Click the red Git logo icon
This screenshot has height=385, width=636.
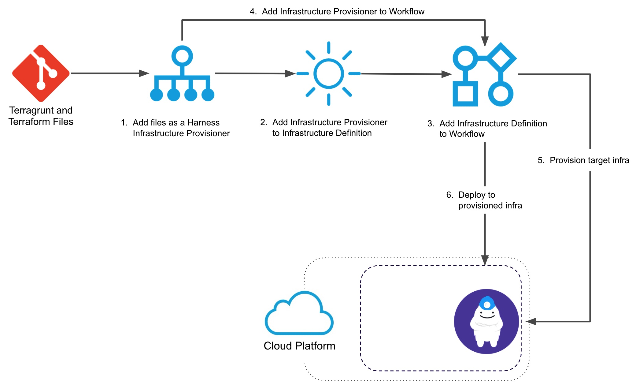pos(41,73)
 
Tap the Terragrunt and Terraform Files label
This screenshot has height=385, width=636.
pos(41,116)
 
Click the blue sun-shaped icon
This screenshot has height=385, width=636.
pos(329,73)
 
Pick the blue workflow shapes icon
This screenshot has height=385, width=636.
pos(485,74)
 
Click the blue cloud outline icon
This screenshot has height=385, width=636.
pos(299,313)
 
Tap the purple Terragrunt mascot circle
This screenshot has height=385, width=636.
pos(486,321)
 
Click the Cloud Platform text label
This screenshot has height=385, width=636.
pos(299,346)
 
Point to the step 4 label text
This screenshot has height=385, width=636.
pos(337,12)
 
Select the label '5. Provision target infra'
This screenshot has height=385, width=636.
pos(583,160)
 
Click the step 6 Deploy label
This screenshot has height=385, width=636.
pos(484,200)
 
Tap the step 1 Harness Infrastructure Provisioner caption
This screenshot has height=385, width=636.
pos(175,128)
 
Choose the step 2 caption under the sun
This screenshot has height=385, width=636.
pos(324,128)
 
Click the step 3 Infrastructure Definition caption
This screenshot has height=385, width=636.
pos(487,129)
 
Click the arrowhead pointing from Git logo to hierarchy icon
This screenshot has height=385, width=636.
pos(144,73)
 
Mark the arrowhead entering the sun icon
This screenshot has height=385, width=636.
pos(290,73)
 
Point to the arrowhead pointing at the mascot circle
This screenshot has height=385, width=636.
pos(531,321)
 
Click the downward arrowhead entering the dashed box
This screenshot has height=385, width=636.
pos(485,260)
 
